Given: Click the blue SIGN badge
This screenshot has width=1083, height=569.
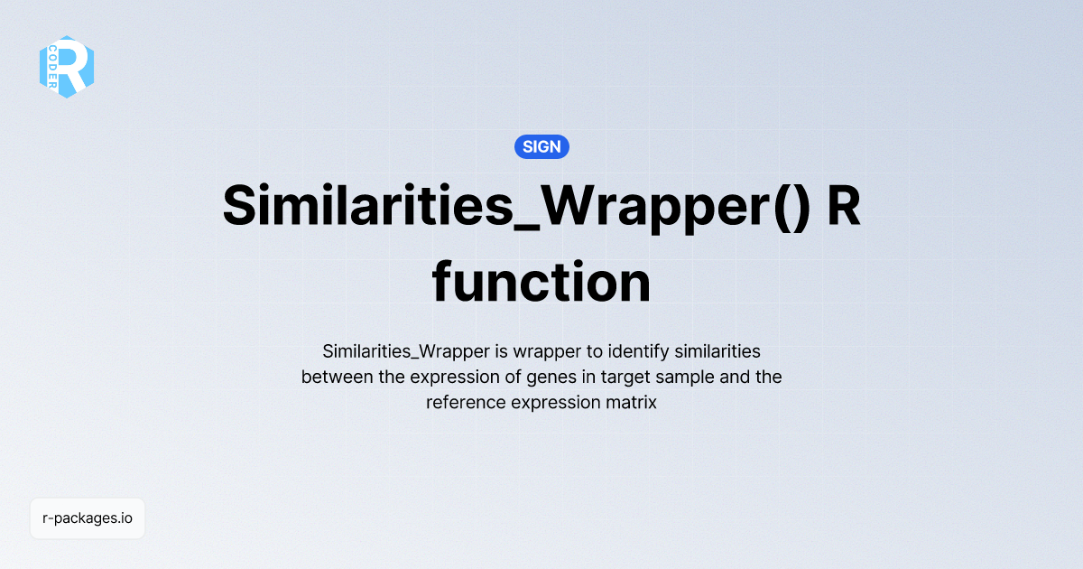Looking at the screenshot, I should pos(541,146).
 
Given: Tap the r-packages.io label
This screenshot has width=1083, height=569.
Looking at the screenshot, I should pos(88,518).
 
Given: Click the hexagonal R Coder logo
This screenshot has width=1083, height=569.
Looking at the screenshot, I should pos(67,66).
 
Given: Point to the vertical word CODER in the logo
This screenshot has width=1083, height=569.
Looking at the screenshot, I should pos(54,66).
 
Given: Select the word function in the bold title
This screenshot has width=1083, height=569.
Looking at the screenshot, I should pos(541,283).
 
